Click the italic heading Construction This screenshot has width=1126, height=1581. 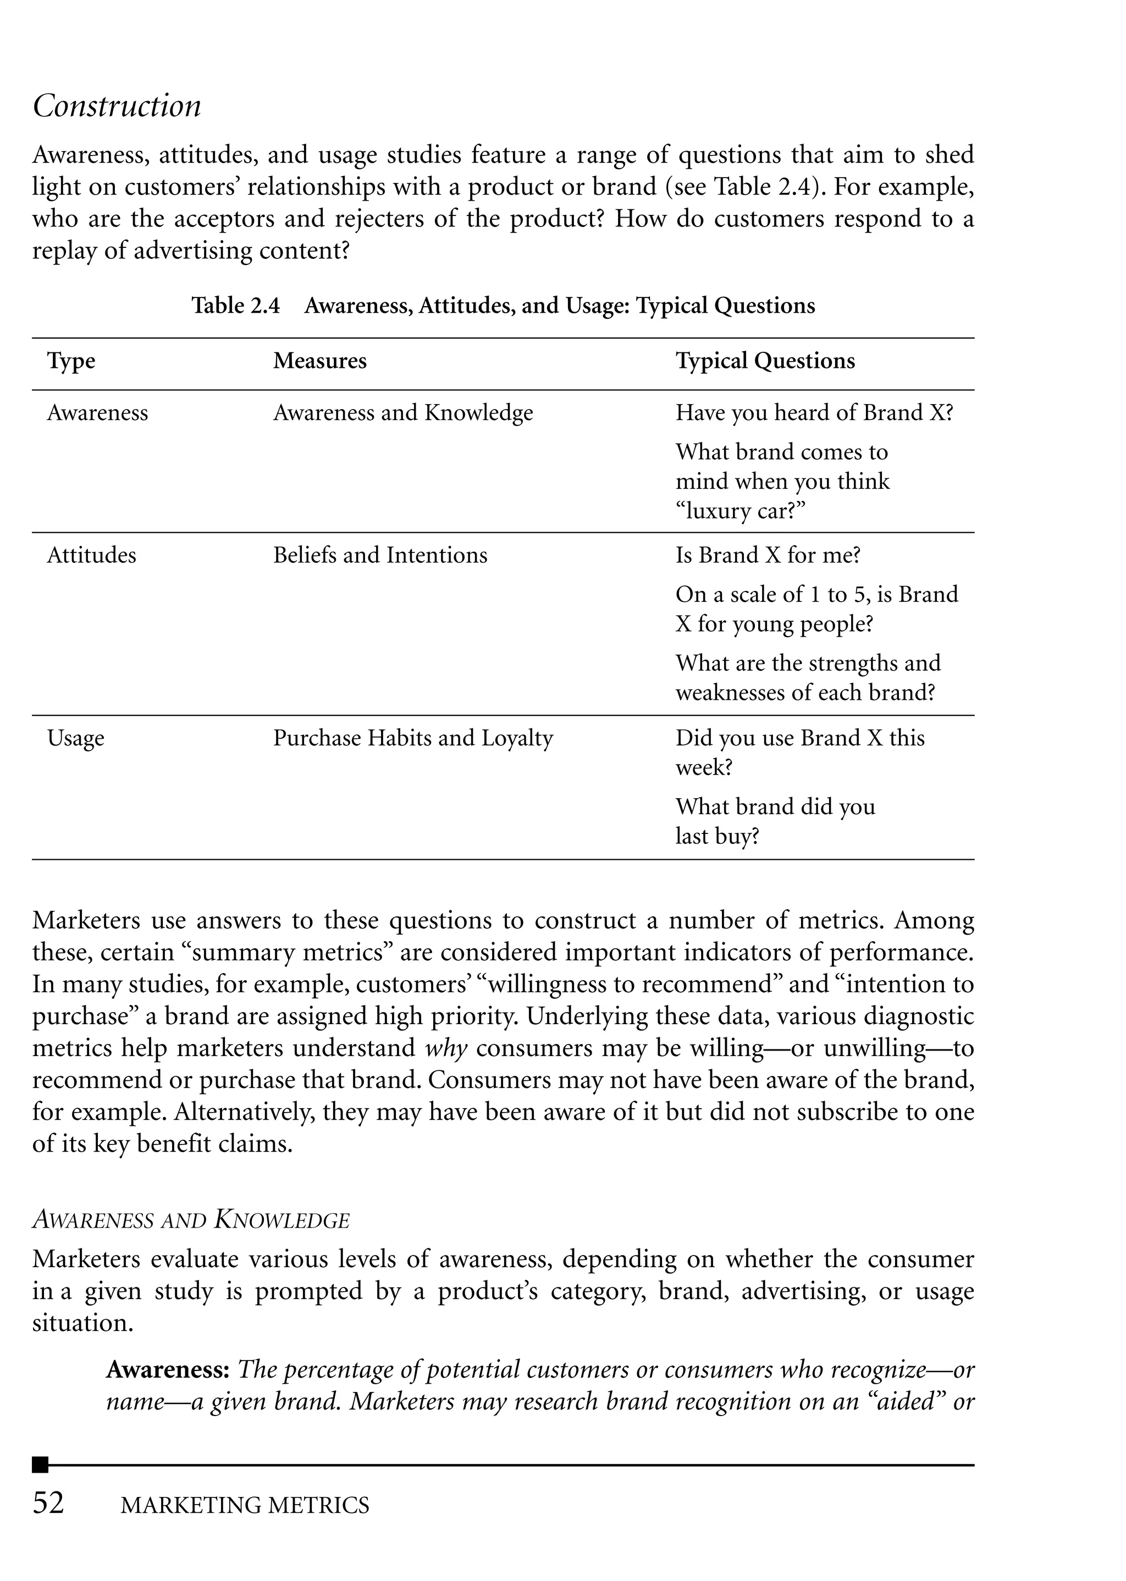coord(117,106)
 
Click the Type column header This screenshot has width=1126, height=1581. coord(71,361)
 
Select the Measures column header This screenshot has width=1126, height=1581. coord(319,361)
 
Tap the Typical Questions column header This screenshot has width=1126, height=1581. coord(765,361)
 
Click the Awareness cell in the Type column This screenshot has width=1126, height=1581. coord(97,412)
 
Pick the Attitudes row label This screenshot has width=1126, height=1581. coord(91,555)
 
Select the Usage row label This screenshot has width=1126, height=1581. coord(75,738)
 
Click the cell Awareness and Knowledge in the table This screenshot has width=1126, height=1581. coord(403,412)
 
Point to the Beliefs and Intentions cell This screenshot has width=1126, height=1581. coord(380,555)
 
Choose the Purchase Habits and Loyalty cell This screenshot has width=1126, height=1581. coord(412,738)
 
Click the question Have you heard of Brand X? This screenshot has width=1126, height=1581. coord(814,412)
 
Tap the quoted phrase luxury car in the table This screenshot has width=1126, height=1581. coord(740,511)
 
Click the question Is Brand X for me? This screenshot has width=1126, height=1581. coord(768,555)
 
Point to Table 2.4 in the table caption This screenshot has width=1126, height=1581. coord(236,306)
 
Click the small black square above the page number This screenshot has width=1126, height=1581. coord(40,1464)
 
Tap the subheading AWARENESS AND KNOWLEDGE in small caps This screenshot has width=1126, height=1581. coord(191,1220)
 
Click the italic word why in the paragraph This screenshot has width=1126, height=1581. coord(446,1047)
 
